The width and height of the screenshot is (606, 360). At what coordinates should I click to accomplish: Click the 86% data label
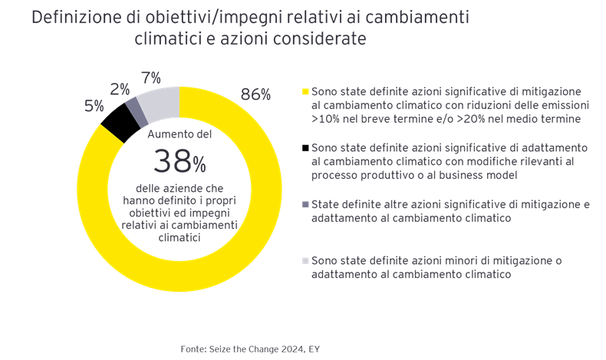(x=256, y=94)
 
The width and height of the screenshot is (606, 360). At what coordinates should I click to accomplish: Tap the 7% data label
(x=150, y=78)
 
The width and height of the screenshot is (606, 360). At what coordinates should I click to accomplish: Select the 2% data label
(x=120, y=89)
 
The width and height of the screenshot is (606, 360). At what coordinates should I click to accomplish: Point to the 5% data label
(x=94, y=106)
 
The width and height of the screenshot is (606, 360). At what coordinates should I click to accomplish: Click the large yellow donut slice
(x=253, y=223)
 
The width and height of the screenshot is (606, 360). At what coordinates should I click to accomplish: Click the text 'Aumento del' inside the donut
(x=179, y=133)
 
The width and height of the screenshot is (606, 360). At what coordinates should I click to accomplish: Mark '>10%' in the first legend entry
(x=326, y=119)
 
